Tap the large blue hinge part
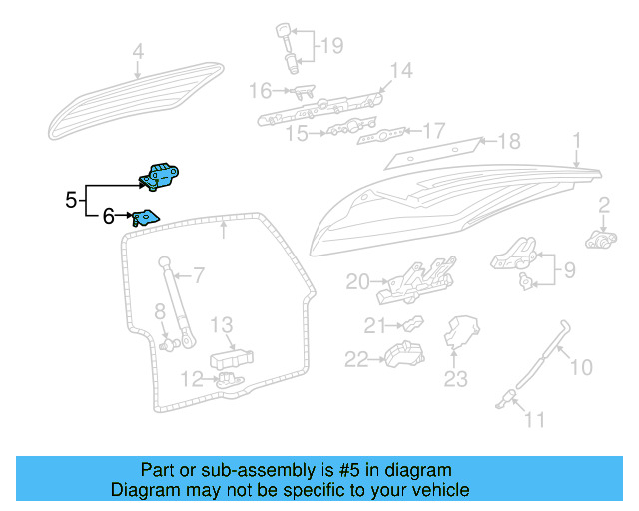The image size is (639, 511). [160, 175]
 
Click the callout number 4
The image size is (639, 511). [138, 50]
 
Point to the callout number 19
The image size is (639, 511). [330, 45]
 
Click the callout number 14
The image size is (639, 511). [400, 70]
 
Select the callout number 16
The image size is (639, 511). [259, 91]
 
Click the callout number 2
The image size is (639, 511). [604, 206]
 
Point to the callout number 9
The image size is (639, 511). [569, 268]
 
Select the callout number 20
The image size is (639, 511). [357, 282]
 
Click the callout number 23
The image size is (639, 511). [455, 378]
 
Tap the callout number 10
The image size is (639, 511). [581, 368]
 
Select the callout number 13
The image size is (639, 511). [221, 324]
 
